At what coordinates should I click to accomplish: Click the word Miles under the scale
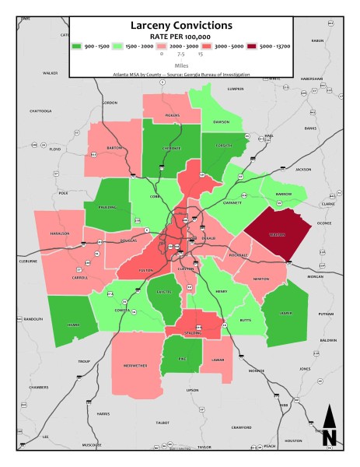(x=180, y=66)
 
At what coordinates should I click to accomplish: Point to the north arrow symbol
(x=329, y=427)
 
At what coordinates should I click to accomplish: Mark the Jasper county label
(x=287, y=313)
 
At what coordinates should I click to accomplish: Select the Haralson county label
(x=61, y=233)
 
